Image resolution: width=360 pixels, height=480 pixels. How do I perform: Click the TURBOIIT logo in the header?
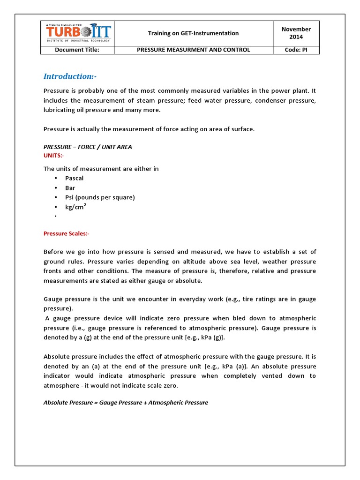(78, 33)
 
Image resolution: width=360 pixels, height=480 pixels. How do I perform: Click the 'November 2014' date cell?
(296, 33)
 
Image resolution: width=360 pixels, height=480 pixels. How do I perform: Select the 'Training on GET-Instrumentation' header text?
(193, 33)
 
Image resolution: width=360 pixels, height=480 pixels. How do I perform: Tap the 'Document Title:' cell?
(77, 50)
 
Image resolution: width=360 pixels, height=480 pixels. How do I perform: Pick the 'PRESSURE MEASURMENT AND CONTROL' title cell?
(193, 50)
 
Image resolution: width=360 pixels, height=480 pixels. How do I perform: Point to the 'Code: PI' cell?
(296, 50)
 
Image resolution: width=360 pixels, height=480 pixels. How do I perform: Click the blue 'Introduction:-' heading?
(70, 76)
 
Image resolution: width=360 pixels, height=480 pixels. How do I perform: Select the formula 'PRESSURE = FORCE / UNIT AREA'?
(88, 147)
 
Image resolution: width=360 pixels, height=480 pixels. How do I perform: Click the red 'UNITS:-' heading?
(54, 155)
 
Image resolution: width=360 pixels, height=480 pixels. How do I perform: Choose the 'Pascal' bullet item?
(74, 178)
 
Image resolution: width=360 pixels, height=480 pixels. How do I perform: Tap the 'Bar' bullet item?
(70, 188)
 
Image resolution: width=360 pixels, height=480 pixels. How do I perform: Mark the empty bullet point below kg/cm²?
(55, 216)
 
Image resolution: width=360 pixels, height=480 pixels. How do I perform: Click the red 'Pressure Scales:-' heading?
(66, 233)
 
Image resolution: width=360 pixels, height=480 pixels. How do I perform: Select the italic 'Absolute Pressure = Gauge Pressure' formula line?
(126, 403)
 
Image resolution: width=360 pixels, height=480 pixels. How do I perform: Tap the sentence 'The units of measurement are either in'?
(101, 169)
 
